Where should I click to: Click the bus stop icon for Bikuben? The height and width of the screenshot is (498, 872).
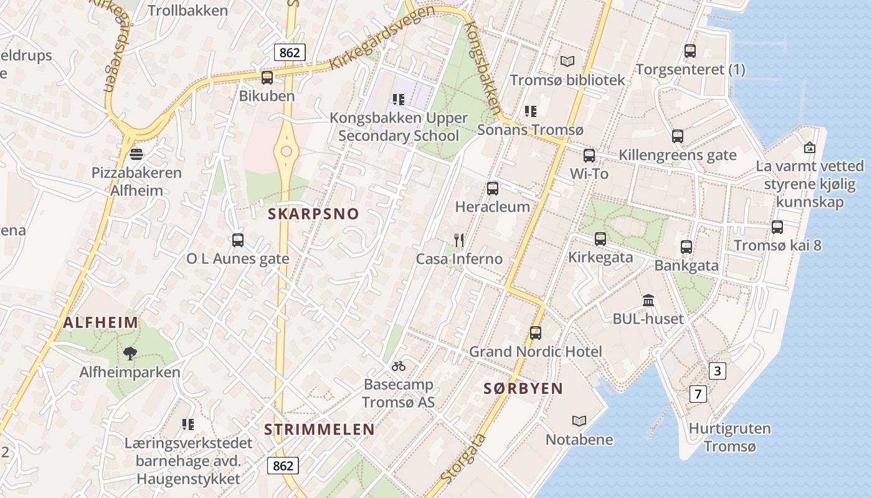click(267, 77)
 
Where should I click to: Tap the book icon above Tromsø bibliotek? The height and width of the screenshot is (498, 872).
click(567, 61)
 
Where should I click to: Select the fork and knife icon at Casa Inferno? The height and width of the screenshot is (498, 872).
click(459, 240)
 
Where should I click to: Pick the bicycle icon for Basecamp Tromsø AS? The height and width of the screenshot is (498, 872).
click(399, 365)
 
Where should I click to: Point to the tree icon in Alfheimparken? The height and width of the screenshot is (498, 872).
click(130, 354)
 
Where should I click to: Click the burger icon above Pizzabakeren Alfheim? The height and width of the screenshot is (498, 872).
click(136, 154)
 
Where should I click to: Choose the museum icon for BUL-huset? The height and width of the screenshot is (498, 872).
click(648, 301)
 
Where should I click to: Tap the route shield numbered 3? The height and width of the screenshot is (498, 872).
click(718, 371)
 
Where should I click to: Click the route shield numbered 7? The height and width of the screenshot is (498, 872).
click(698, 393)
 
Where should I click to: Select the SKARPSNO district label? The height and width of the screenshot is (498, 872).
click(313, 214)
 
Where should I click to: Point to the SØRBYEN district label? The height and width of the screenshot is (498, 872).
click(523, 388)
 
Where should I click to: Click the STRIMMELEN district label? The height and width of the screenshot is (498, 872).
click(320, 430)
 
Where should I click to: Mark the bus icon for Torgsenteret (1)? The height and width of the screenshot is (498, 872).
click(690, 51)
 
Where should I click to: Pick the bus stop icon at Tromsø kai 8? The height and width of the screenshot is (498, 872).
click(777, 227)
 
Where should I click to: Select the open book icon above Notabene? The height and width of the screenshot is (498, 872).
click(579, 421)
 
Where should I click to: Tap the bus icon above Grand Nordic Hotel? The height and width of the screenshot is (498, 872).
click(536, 333)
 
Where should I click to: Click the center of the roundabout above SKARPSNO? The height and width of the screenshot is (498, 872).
click(287, 151)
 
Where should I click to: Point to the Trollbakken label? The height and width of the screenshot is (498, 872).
click(188, 10)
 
